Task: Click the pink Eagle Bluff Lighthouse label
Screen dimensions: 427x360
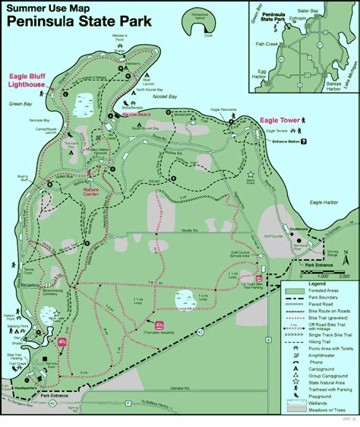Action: (29, 81)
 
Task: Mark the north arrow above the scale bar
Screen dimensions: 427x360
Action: (343, 258)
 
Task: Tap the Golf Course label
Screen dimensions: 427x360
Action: (273, 236)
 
